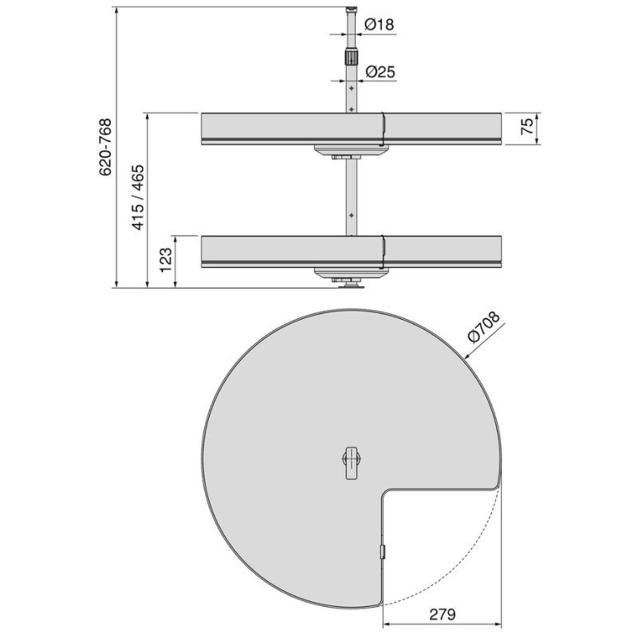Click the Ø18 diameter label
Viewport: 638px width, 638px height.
pyautogui.click(x=380, y=25)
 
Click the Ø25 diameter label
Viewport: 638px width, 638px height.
pyautogui.click(x=380, y=72)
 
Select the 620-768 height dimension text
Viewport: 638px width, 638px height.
pyautogui.click(x=105, y=147)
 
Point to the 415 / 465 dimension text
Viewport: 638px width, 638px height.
pyautogui.click(x=137, y=197)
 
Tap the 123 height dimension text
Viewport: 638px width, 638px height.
pyautogui.click(x=166, y=260)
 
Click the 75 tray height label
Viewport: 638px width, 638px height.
pyautogui.click(x=527, y=126)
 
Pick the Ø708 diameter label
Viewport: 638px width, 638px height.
pyautogui.click(x=484, y=328)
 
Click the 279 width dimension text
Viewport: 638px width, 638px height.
pyautogui.click(x=443, y=614)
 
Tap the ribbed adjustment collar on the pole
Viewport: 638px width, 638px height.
pyautogui.click(x=351, y=57)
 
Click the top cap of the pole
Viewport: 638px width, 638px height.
pyautogui.click(x=351, y=9)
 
